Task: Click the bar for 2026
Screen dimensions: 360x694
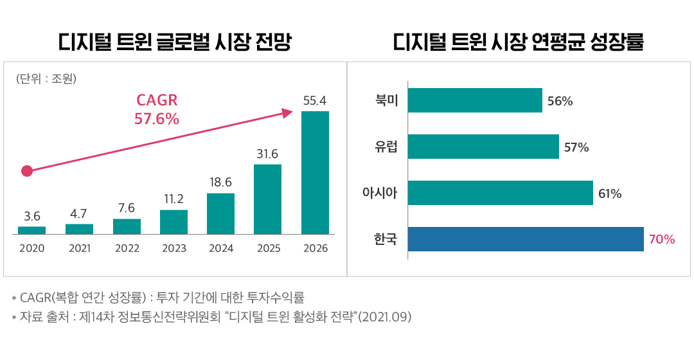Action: (x=315, y=172)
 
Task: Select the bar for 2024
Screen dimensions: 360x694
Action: (x=220, y=213)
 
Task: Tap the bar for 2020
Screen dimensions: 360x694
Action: (x=31, y=230)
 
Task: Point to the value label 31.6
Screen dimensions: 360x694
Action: (x=267, y=154)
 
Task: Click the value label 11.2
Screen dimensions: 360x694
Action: (x=173, y=199)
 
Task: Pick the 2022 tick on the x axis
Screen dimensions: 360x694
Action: (x=127, y=248)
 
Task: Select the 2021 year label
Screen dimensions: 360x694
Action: (x=79, y=248)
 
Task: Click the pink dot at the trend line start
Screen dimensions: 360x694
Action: (x=26, y=171)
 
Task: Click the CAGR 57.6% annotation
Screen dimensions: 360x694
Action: (x=157, y=110)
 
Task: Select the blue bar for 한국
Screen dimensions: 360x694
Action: (x=526, y=239)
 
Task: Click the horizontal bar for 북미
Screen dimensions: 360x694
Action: (x=475, y=100)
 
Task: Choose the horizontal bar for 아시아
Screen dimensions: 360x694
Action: (x=500, y=193)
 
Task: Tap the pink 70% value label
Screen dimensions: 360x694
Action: (x=662, y=240)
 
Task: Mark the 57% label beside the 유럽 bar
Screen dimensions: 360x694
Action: (x=576, y=147)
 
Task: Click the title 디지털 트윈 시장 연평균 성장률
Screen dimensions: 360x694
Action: (x=519, y=43)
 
